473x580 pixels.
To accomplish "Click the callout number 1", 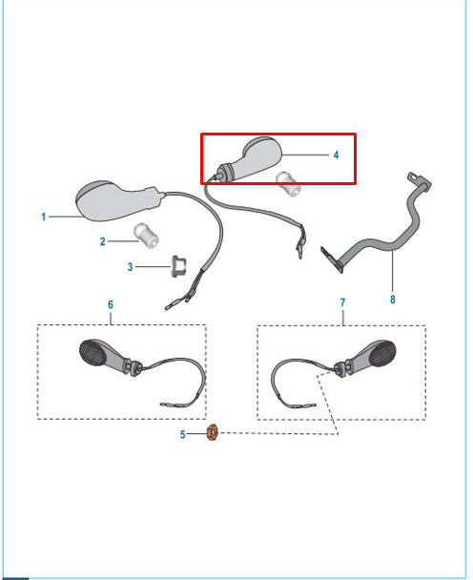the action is [44, 217].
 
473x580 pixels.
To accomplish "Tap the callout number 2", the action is [102, 241].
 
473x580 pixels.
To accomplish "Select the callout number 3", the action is [130, 267].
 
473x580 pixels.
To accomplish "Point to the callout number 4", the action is [336, 155].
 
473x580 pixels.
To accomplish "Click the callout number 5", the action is [182, 434].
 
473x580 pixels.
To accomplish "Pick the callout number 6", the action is [111, 304].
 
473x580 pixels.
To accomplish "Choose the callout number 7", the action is [342, 302].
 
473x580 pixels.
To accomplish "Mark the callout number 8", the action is [392, 299].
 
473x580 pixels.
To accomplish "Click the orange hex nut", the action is [212, 433].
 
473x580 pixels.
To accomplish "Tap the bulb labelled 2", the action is [146, 236].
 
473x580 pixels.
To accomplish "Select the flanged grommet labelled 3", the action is [178, 265].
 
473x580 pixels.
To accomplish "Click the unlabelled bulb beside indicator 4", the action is [288, 183].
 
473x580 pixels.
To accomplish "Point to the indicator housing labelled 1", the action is [118, 201].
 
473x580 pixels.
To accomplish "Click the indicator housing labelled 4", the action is [252, 160].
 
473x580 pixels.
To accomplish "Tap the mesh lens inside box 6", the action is [93, 353].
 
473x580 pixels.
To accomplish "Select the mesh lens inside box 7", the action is [382, 353].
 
